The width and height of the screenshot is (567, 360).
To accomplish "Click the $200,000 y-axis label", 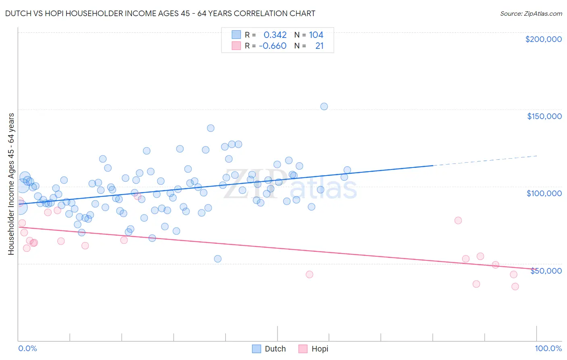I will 543,39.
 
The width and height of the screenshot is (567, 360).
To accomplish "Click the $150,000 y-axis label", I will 544,116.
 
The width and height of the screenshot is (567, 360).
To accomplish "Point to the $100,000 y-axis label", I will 544,193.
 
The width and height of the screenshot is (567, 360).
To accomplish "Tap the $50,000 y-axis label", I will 546,271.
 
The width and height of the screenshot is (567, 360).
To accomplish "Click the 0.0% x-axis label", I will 27,348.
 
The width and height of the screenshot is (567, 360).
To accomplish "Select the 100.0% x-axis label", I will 548,348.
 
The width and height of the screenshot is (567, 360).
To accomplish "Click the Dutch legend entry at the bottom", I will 269,349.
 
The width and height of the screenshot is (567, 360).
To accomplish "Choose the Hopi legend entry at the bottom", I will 314,349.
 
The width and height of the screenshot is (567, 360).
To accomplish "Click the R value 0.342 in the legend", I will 275,35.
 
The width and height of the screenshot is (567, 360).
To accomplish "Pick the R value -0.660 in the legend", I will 273,46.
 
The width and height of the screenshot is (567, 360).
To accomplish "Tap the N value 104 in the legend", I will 316,35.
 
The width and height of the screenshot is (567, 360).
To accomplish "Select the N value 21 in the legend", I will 319,46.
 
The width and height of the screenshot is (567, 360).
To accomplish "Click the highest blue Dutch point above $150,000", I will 324,107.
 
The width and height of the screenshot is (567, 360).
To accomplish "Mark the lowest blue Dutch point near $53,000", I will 218,259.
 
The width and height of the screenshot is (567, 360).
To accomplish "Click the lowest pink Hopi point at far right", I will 515,287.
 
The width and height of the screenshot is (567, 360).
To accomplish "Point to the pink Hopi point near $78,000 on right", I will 458,220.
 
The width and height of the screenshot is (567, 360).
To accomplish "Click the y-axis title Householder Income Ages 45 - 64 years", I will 11,184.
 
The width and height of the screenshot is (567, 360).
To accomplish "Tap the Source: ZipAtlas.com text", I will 531,13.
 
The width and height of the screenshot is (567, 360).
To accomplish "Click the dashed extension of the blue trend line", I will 484,161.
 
